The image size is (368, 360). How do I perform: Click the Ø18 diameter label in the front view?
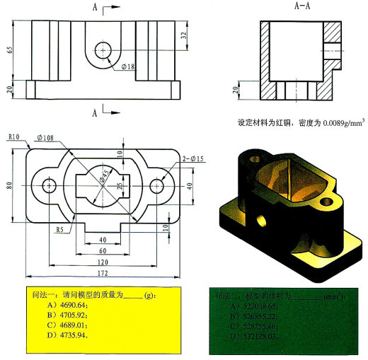pyautogui.click(x=128, y=66)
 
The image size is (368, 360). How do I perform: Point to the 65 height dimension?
pyautogui.click(x=10, y=50)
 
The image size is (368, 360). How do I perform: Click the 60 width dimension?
pyautogui.click(x=103, y=250)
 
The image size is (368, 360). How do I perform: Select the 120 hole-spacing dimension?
pyautogui.click(x=103, y=262)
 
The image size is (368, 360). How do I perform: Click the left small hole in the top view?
pyautogui.click(x=49, y=185)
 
